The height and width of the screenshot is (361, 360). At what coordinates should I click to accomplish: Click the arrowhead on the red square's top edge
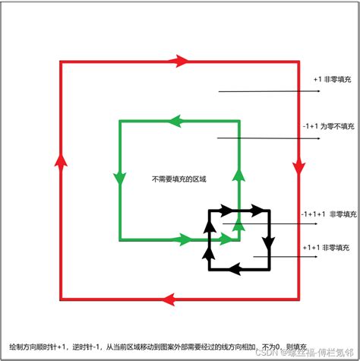[180, 59]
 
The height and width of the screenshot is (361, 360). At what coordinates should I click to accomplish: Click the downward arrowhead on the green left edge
[119, 178]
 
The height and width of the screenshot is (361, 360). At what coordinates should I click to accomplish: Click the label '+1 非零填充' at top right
[333, 78]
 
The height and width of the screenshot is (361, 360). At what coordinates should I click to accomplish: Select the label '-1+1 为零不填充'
[327, 127]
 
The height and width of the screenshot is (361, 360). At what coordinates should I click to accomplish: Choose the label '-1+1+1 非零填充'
[327, 214]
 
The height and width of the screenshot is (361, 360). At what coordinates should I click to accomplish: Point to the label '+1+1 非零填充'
[329, 247]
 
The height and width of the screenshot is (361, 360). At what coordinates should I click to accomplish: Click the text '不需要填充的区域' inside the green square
[179, 179]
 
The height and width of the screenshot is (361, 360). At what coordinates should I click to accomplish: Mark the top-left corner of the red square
[60, 60]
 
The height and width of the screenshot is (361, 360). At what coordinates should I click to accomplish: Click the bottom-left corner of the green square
[120, 240]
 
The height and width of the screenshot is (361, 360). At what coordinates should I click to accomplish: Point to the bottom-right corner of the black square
[270, 268]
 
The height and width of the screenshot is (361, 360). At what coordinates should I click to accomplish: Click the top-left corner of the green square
[120, 120]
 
